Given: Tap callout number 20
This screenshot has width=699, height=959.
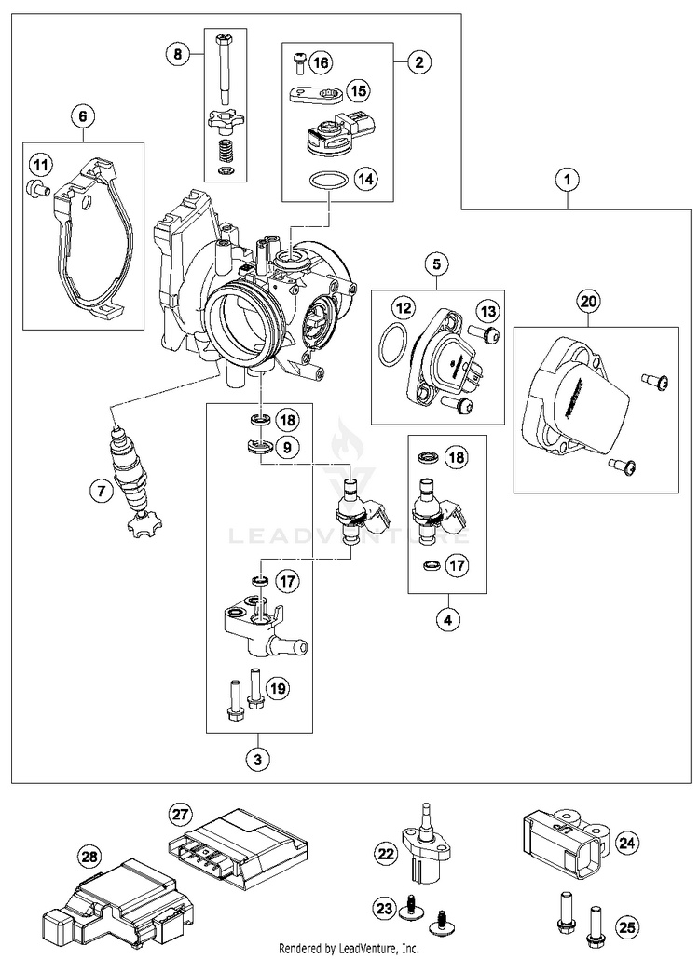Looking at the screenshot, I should (587, 301).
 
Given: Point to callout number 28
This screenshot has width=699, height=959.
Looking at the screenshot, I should (89, 856).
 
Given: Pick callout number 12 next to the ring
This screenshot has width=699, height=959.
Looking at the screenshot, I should (403, 308).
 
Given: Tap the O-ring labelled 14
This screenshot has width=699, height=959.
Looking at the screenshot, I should (324, 182).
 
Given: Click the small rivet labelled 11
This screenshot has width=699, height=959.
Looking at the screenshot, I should (36, 189).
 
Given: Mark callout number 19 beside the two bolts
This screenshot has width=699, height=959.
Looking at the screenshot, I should (278, 689).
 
